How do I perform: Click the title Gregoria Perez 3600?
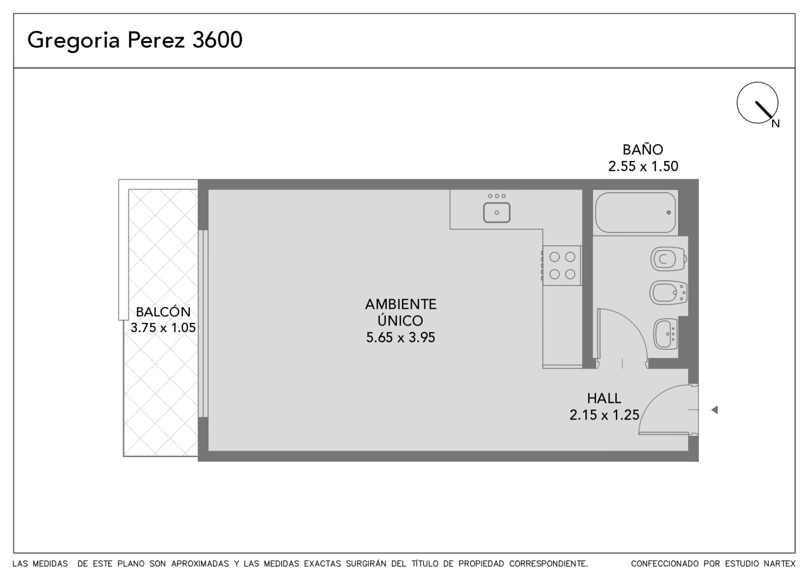pyautogui.click(x=134, y=40)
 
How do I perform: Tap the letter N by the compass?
pyautogui.click(x=776, y=124)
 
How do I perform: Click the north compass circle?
pyautogui.click(x=757, y=103)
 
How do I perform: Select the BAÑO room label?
pyautogui.click(x=643, y=149)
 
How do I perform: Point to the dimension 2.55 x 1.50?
pyautogui.click(x=643, y=167)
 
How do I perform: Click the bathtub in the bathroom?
pyautogui.click(x=636, y=213)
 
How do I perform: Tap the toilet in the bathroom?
pyautogui.click(x=668, y=259)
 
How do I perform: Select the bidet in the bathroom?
pyautogui.click(x=668, y=293)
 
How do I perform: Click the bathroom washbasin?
pyautogui.click(x=665, y=334)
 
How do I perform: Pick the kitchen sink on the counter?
pyautogui.click(x=497, y=212)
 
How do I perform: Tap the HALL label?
pyautogui.click(x=604, y=398)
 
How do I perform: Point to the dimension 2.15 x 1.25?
pyautogui.click(x=604, y=415)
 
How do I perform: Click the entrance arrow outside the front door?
pyautogui.click(x=714, y=410)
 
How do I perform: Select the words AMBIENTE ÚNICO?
pyautogui.click(x=400, y=312)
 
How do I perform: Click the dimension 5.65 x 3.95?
pyautogui.click(x=400, y=337)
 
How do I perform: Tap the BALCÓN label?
pyautogui.click(x=163, y=311)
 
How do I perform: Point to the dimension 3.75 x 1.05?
pyautogui.click(x=163, y=328)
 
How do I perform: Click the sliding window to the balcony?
pyautogui.click(x=203, y=323)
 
